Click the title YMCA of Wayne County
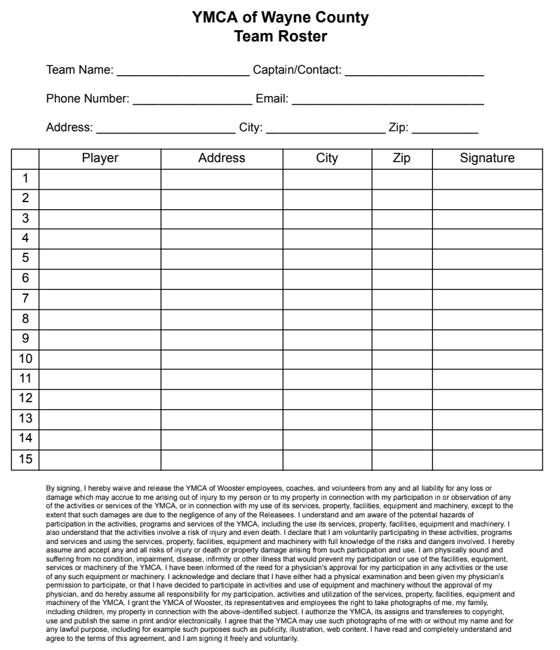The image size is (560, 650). point(280,18)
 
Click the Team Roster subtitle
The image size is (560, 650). point(280,36)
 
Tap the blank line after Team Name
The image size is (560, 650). point(182,72)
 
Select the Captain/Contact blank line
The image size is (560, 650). point(414,72)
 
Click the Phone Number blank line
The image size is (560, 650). point(192,100)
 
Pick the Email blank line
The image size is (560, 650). point(387,100)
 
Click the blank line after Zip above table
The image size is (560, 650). point(444,129)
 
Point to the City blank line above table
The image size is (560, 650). point(326,129)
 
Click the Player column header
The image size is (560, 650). point(100,159)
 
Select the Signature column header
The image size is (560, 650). point(487,159)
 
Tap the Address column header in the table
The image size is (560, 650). point(222,159)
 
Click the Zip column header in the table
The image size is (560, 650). point(401,159)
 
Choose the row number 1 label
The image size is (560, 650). point(25,178)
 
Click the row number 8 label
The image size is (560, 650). point(25,319)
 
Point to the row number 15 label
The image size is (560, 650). point(25,459)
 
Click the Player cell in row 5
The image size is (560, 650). point(100,258)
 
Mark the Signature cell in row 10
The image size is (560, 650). point(487,359)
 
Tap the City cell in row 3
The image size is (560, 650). point(327,218)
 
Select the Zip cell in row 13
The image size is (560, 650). point(401,419)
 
